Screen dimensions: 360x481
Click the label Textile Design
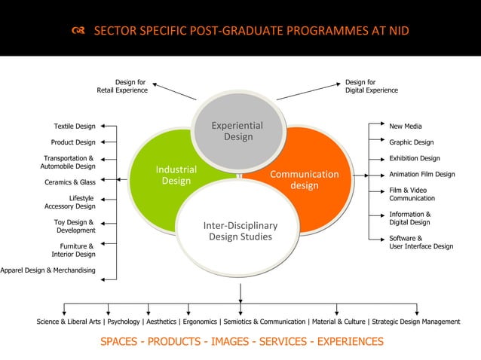pyautogui.click(x=74, y=127)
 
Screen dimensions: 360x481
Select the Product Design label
pyautogui.click(x=73, y=142)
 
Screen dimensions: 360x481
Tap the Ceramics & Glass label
pyautogui.click(x=70, y=182)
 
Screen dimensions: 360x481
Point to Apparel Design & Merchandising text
pyautogui.click(x=47, y=270)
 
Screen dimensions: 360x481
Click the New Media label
pyautogui.click(x=406, y=127)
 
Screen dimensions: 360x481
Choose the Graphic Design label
pyautogui.click(x=412, y=142)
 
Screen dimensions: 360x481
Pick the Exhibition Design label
pyautogui.click(x=415, y=158)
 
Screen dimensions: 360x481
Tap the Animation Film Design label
pyautogui.click(x=422, y=174)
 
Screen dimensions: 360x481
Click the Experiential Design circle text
pyautogui.click(x=237, y=131)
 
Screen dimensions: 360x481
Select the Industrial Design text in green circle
pyautogui.click(x=176, y=175)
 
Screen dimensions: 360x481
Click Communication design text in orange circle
pyautogui.click(x=305, y=180)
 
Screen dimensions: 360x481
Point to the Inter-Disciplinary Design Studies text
pyautogui.click(x=240, y=231)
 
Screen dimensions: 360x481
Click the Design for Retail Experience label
pyautogui.click(x=122, y=86)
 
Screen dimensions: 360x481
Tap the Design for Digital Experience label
pyautogui.click(x=372, y=86)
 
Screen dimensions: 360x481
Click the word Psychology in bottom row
pyautogui.click(x=125, y=322)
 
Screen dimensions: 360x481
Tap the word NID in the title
pyautogui.click(x=397, y=32)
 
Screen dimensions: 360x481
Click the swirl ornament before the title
pyautogui.click(x=78, y=32)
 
